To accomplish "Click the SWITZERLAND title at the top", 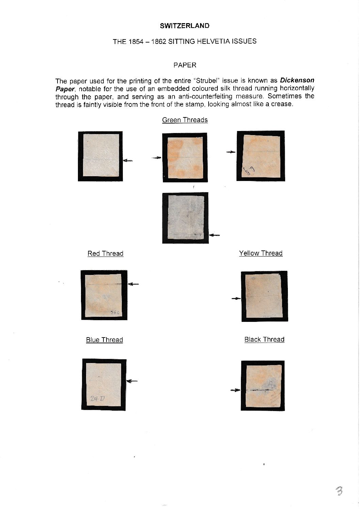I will click(184, 26).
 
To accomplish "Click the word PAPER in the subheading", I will click(184, 65).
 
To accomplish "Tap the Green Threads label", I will click(185, 120).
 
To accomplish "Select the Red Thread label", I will click(105, 253).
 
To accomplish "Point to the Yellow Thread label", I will click(261, 253).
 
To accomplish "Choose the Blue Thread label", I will click(104, 340).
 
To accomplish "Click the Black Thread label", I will click(264, 339).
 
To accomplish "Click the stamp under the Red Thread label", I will click(104, 295).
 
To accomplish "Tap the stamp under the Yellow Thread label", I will click(264, 296).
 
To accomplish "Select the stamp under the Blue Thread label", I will click(103, 384).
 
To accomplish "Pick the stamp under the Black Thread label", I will click(262, 385).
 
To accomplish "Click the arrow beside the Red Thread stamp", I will click(133, 284).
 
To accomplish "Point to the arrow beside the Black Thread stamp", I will click(235, 390).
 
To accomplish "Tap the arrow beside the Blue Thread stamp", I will click(132, 381).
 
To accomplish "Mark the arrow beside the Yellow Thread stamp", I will click(236, 298).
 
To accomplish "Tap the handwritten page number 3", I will click(339, 491).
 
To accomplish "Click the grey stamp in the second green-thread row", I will click(185, 218).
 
